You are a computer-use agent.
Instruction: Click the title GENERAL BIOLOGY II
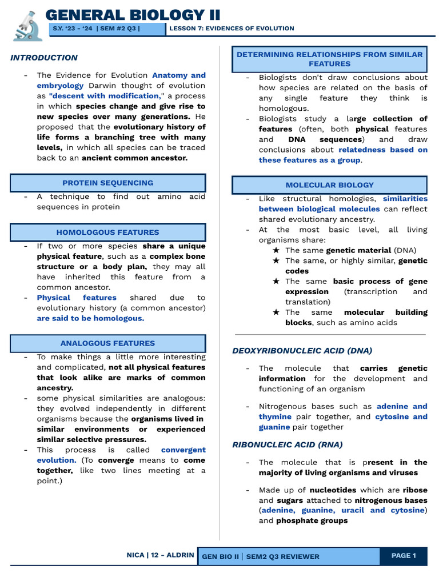tap(133, 15)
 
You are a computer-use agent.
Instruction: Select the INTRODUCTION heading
tap(44, 58)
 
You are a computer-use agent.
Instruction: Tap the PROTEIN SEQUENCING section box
tap(107, 183)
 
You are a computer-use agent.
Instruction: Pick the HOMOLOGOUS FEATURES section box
tap(107, 233)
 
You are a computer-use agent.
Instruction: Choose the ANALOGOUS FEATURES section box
tap(107, 343)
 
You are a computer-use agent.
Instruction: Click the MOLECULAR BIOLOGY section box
tap(329, 185)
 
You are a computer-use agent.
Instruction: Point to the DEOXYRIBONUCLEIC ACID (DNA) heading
tap(302, 351)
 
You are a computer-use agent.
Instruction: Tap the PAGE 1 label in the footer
tap(404, 556)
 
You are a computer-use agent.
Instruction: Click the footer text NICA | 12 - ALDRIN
tap(160, 555)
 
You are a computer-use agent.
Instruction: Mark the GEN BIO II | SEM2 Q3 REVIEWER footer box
tap(288, 556)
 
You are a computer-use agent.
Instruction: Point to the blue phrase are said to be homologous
tap(90, 318)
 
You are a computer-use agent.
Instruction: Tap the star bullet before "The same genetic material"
tap(276, 250)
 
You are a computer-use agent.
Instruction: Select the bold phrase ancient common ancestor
tap(134, 158)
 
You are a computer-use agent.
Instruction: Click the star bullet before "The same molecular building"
tap(276, 312)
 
